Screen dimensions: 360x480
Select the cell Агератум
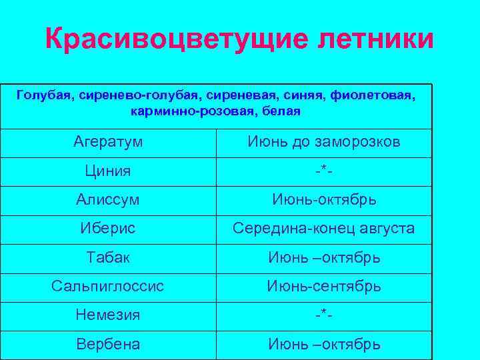click(108, 142)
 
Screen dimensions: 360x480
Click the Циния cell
click(108, 171)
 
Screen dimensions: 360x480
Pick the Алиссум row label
click(108, 199)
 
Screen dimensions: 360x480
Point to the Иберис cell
click(108, 228)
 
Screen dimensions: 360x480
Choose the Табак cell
click(108, 257)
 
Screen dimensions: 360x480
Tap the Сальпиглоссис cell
click(108, 286)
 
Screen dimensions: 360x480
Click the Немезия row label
click(108, 315)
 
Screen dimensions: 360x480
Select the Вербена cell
click(108, 344)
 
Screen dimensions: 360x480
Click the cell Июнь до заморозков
click(324, 142)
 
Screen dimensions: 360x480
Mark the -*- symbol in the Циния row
click(324, 171)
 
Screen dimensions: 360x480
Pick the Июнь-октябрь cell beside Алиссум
click(324, 199)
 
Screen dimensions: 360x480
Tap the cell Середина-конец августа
click(324, 228)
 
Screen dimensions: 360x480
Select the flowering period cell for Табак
click(324, 257)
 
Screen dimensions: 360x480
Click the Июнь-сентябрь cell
click(324, 286)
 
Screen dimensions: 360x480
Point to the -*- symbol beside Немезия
click(324, 315)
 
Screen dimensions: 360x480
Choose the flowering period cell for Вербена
click(324, 344)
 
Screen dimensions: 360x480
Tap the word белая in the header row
click(281, 111)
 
